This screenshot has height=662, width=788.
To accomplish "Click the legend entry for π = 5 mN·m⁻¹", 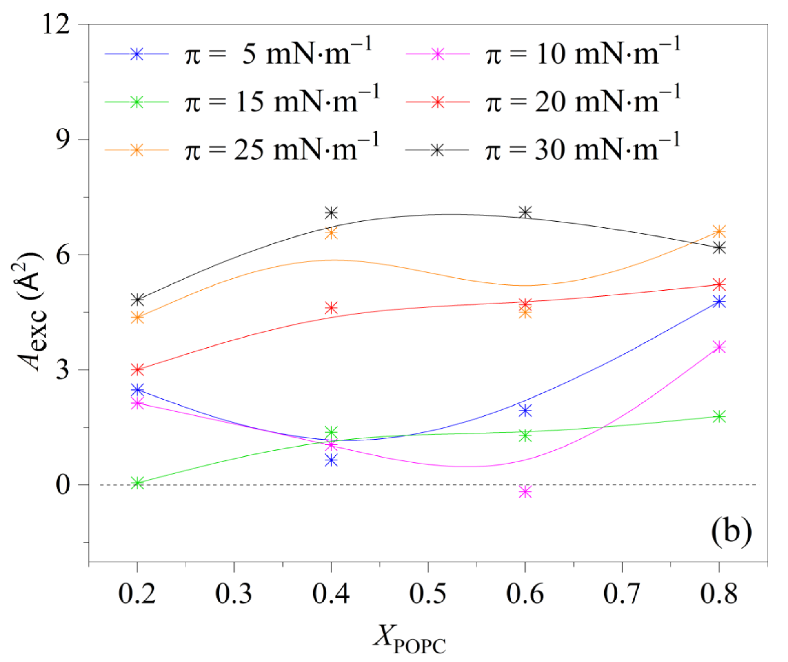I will click(x=239, y=54).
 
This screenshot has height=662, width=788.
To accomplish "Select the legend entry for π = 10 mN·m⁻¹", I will click(x=543, y=54).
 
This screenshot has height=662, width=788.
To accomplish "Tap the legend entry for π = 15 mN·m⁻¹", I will click(x=243, y=102).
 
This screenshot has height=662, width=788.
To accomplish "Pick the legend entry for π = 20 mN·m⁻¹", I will click(x=543, y=102).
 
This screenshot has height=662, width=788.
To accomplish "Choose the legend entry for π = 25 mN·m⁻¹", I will click(x=243, y=150).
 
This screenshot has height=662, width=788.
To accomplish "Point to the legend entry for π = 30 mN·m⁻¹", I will click(x=543, y=150).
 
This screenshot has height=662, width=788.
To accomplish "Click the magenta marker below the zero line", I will click(x=525, y=492).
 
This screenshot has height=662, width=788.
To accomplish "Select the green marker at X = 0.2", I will click(x=138, y=483).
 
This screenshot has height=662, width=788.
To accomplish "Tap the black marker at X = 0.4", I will click(x=331, y=213).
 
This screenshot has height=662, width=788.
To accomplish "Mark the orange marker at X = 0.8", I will click(x=719, y=232).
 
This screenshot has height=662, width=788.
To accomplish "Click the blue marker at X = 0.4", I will click(x=331, y=461).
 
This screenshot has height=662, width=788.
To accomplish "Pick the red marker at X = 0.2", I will click(x=138, y=370).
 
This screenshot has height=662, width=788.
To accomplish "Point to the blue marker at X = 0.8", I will click(x=719, y=302).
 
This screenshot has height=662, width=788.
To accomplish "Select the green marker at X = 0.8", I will click(x=719, y=417).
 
